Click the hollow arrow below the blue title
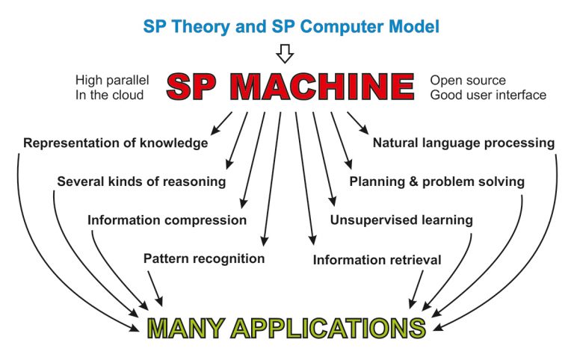pos(285,54)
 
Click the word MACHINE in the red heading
pos(322,87)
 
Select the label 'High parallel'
pos(112,80)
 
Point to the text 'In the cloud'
pos(109,95)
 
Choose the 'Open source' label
pos(468,80)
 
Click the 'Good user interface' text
pos(488,95)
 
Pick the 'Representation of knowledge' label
pos(115,143)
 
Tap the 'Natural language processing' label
pos(463,143)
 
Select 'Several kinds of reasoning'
pos(141,181)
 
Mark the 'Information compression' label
pos(167,220)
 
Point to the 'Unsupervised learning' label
pos(401,220)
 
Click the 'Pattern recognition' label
pos(204,258)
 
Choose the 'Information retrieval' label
pos(377,260)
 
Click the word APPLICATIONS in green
pos(328,328)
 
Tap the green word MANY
pos(185,328)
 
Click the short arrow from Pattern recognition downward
pos(155,288)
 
